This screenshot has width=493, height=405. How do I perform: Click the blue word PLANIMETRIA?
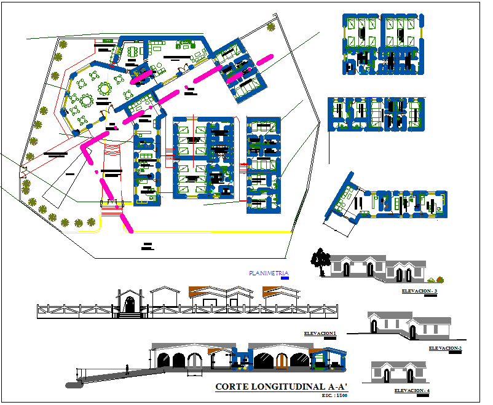(x=268, y=273)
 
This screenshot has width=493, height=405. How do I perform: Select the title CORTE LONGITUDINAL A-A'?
(x=281, y=387)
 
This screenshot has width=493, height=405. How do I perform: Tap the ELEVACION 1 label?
(x=320, y=333)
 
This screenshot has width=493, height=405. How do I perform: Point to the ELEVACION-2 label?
(x=445, y=348)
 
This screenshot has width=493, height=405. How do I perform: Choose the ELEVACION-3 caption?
(x=419, y=290)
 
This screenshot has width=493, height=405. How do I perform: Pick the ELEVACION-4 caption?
(x=412, y=390)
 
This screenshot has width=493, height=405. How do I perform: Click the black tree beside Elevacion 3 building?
(x=319, y=260)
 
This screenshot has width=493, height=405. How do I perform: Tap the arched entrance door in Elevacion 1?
(x=130, y=304)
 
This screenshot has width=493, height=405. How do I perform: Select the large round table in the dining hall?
(x=105, y=89)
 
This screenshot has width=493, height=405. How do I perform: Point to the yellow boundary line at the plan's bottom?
(x=209, y=232)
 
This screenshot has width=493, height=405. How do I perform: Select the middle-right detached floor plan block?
(x=378, y=114)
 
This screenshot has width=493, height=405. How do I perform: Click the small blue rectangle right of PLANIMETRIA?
(x=285, y=278)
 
